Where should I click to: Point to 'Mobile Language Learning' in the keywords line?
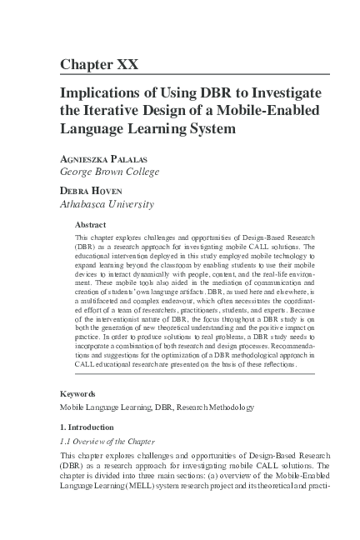pyautogui.click(x=106, y=407)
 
